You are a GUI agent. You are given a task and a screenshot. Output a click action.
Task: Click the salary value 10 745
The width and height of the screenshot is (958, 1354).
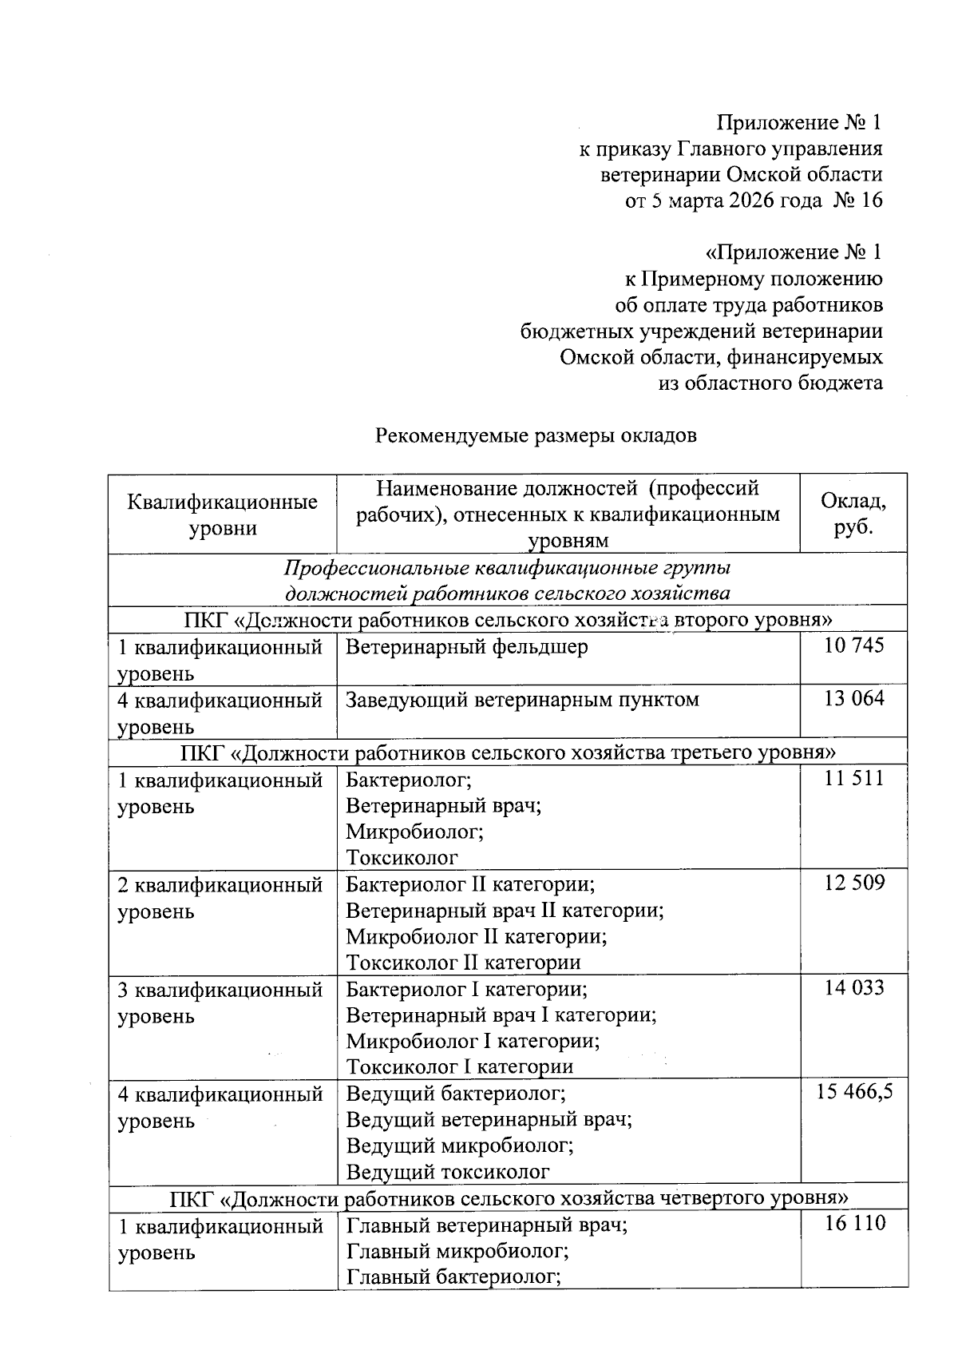pos(853,645)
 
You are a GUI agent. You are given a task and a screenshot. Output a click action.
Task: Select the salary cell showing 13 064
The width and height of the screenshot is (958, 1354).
pos(853,699)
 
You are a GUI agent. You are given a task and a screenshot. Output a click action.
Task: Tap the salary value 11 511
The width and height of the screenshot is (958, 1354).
pos(853,778)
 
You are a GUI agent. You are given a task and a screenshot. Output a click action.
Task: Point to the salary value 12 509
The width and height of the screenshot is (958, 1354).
pos(853,883)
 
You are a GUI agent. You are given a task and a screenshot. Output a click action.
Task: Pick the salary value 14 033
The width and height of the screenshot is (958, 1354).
pos(853,988)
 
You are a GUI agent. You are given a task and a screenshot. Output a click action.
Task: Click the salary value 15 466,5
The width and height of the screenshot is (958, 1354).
pos(853,1092)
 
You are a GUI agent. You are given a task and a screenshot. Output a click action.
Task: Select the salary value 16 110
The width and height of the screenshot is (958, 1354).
pos(853,1223)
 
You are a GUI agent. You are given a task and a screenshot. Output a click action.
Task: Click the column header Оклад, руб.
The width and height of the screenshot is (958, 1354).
pos(853,514)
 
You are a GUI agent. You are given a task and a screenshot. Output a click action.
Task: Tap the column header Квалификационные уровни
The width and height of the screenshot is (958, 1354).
pos(222,514)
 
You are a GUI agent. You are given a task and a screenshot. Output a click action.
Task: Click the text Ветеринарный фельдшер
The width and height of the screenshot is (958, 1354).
pos(466,646)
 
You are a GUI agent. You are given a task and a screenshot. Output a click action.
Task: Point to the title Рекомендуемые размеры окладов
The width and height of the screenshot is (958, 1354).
pos(536,435)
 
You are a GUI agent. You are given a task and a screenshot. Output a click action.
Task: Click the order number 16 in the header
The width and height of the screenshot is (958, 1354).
pos(872,200)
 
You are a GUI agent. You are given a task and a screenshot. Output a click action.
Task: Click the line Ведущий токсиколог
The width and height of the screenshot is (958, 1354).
pos(448,1172)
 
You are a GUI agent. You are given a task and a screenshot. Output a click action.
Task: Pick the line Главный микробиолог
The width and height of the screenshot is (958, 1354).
pos(457,1250)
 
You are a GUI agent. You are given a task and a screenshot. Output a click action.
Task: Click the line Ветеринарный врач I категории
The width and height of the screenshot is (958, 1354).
pos(501,1015)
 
